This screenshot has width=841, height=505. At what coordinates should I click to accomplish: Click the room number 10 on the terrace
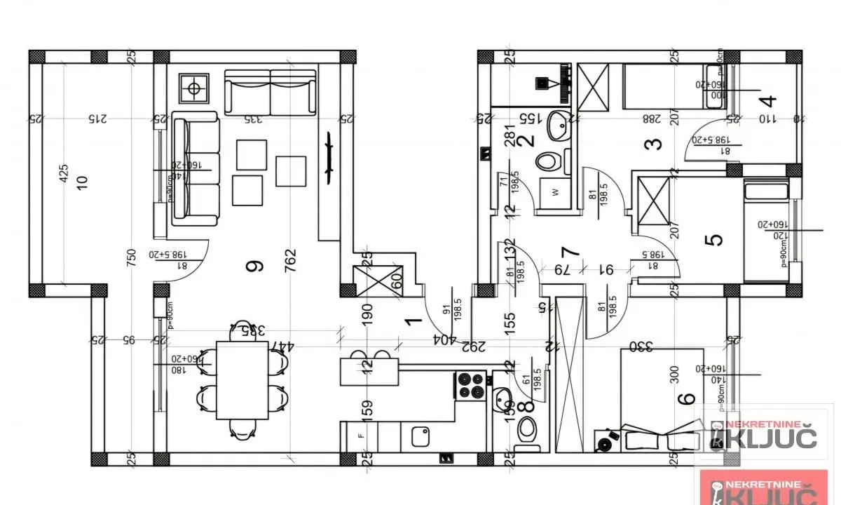point(82,182)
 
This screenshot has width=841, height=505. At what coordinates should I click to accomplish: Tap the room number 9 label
point(255,266)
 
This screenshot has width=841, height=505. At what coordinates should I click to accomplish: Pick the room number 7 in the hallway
point(570,251)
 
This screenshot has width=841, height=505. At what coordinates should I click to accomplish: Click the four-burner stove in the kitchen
point(470,385)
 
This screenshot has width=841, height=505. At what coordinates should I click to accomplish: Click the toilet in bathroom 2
point(549,162)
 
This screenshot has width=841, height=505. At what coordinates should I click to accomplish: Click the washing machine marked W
point(554,192)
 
